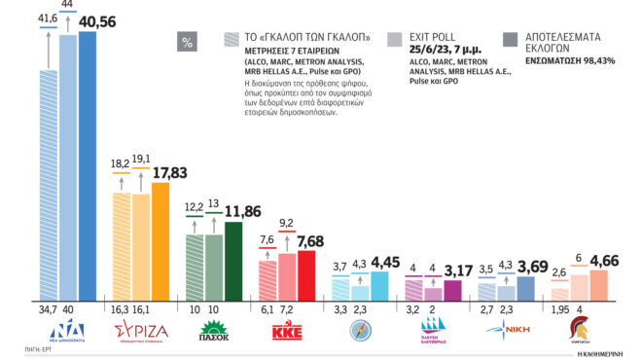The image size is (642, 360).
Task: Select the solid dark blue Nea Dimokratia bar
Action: pyautogui.click(x=89, y=165)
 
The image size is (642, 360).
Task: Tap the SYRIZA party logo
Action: pyautogui.click(x=142, y=331)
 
